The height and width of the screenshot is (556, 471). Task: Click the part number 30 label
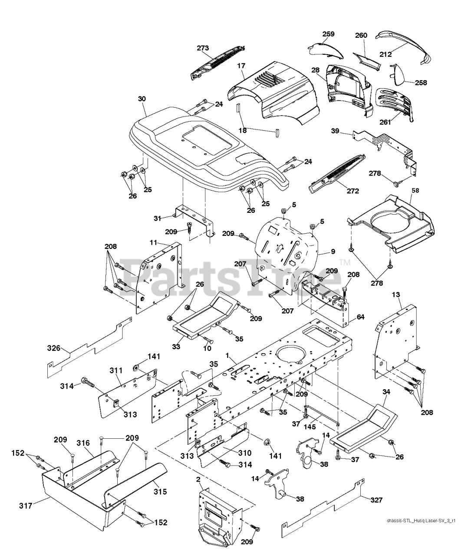(142, 99)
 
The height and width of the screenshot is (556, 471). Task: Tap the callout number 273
(203, 48)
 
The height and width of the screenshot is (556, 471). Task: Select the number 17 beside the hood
(241, 66)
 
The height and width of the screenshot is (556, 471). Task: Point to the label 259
(329, 34)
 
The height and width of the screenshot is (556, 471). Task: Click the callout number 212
(385, 54)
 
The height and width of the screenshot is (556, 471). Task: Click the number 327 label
(377, 500)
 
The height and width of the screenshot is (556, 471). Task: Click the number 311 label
(115, 371)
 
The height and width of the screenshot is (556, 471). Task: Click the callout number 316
(83, 443)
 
